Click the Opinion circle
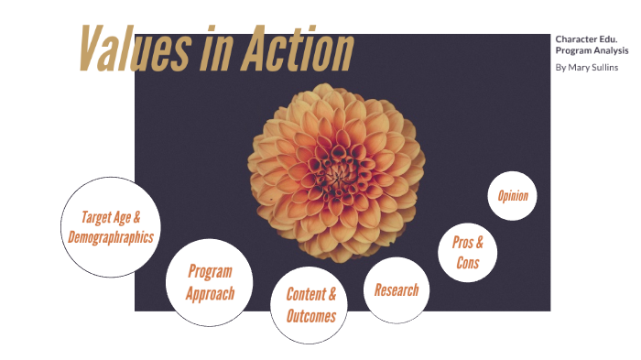click(x=512, y=196)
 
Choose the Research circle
click(x=397, y=290)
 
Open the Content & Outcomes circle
click(x=310, y=305)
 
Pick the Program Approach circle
click(x=210, y=282)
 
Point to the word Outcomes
click(x=310, y=316)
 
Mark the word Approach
click(x=210, y=294)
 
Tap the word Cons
click(x=468, y=264)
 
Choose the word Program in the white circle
click(x=210, y=271)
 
